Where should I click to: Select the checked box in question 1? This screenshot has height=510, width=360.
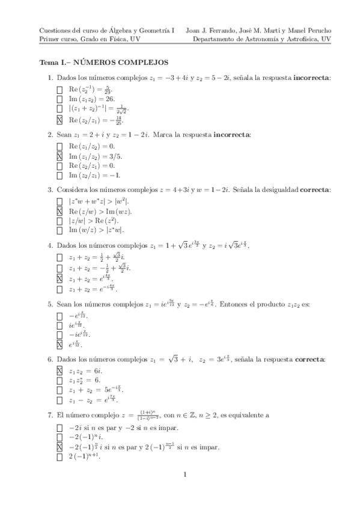tap(59, 119)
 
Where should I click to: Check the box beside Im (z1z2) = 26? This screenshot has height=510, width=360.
tap(59, 99)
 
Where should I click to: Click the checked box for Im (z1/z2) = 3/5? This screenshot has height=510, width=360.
tap(59, 156)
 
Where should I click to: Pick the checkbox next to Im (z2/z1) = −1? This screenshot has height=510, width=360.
tap(59, 176)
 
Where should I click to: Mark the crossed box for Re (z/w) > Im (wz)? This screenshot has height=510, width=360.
tap(59, 212)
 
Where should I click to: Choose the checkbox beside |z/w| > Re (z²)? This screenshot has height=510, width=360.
tap(59, 221)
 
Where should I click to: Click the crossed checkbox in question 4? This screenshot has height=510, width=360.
tap(59, 278)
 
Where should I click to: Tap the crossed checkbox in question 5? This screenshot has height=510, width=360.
tap(59, 345)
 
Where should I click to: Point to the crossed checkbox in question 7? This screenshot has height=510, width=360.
tap(59, 447)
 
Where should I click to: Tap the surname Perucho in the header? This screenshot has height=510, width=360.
tap(317, 29)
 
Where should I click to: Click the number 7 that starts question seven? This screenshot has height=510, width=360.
tap(49, 415)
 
